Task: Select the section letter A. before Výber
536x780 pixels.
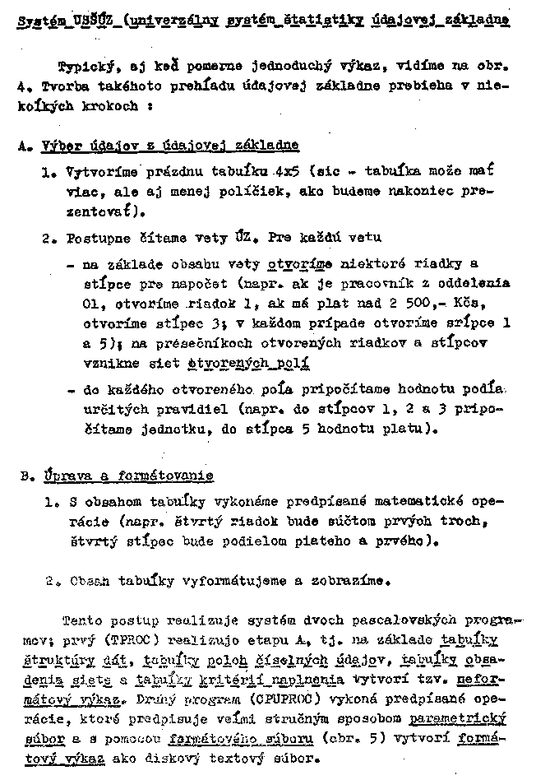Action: tap(23, 145)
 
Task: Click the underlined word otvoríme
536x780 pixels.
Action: tap(300, 264)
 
